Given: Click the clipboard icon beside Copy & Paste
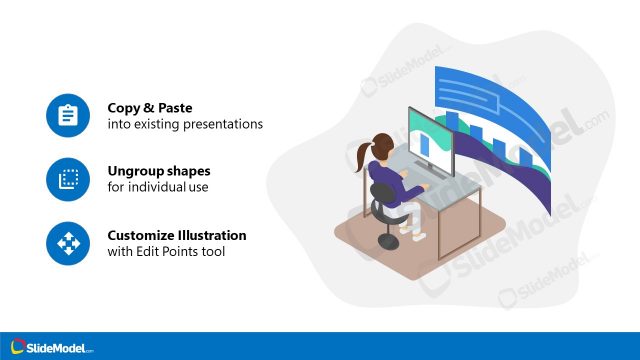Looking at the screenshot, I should [68, 115].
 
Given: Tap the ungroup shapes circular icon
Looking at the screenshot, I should [68, 179].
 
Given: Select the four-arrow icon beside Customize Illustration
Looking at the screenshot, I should [68, 243].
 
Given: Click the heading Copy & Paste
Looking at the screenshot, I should [149, 107].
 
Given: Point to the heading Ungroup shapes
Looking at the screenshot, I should [159, 171].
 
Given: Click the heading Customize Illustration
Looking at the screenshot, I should [177, 235].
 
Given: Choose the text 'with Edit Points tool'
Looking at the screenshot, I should [166, 252].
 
